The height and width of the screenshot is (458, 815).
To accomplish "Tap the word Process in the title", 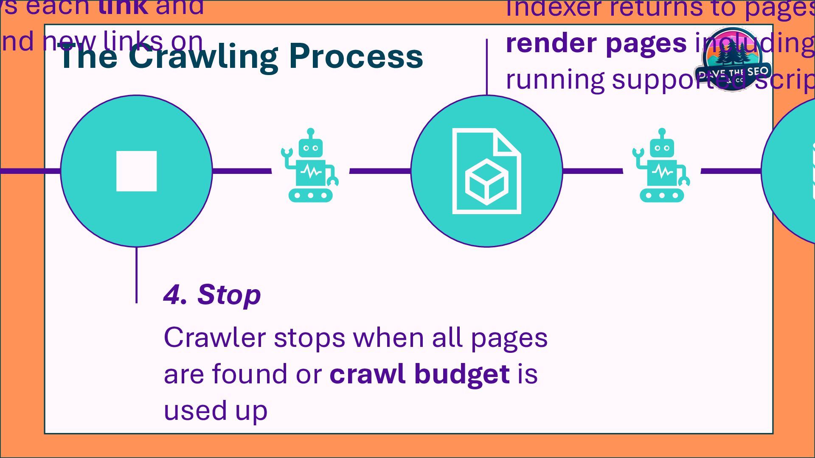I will (x=355, y=56).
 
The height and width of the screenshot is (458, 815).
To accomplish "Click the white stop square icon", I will (x=136, y=171).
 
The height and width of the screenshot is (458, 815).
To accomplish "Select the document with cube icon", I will (x=486, y=171).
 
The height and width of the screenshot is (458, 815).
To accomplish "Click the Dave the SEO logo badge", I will (x=733, y=59).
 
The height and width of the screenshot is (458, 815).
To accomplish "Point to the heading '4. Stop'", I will (x=212, y=294).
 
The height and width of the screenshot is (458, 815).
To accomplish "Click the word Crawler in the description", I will (x=214, y=338).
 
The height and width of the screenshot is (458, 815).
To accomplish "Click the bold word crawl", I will (x=367, y=374).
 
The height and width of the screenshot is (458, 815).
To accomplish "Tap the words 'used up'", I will (x=215, y=411).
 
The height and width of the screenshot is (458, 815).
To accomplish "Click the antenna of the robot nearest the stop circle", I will (x=310, y=132).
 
